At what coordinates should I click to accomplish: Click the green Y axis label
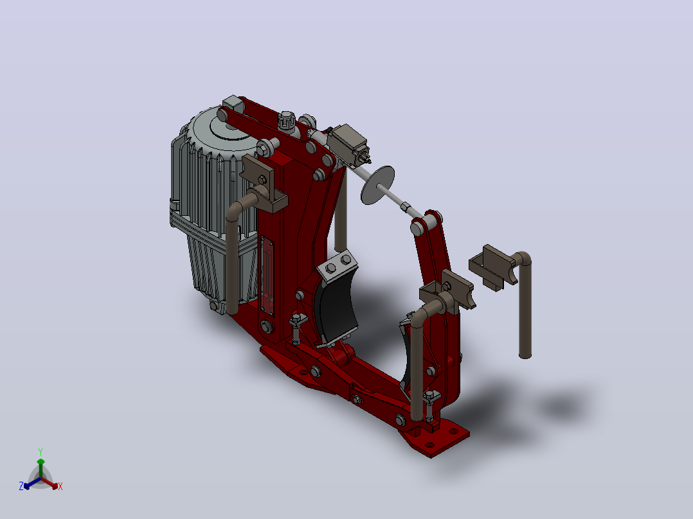pos(40,452)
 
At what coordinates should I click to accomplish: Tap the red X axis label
pos(60,486)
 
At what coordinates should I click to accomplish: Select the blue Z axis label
pos(21,486)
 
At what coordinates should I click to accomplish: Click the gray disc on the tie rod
pos(377,185)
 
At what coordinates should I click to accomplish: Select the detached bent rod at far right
pos(524,304)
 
